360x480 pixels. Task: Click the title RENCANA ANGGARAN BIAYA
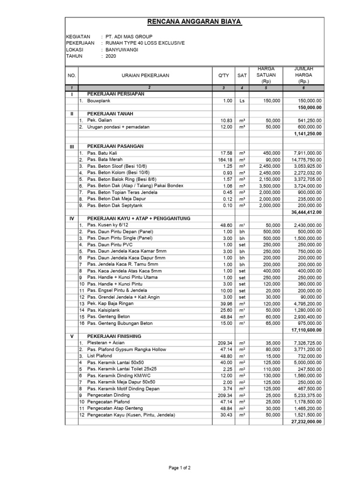tap(195, 22)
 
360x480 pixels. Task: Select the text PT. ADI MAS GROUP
tap(129, 37)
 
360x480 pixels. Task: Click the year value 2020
tap(111, 56)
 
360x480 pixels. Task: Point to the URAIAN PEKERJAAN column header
tap(145, 75)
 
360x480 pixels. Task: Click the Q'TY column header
tap(224, 75)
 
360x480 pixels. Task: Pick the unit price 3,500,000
tap(269, 186)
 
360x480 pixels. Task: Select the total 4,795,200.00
tap(305, 304)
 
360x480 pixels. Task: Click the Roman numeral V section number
tap(72, 337)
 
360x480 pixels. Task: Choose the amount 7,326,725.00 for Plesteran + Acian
tap(305, 343)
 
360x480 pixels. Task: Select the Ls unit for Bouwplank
tap(242, 101)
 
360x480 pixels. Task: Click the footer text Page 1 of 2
tap(180, 467)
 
